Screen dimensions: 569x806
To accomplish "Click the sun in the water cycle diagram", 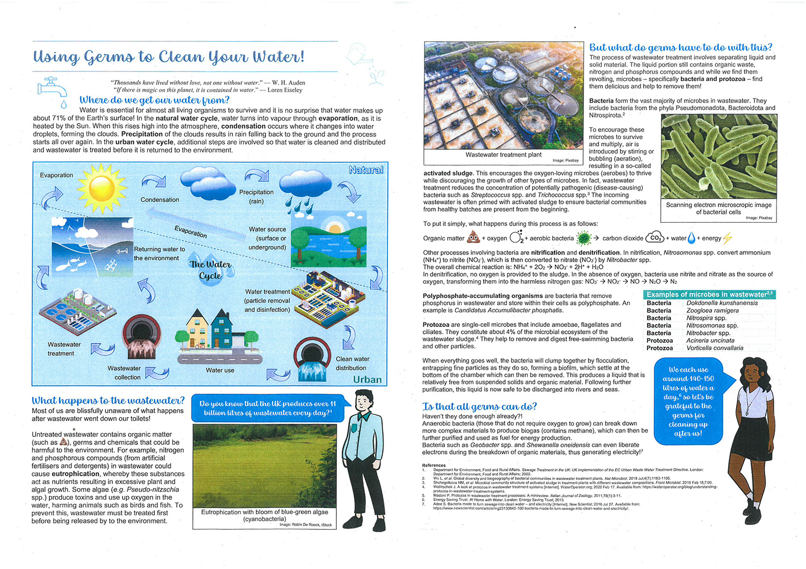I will click(x=102, y=188).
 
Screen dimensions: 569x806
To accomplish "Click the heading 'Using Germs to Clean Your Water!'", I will click(x=169, y=56).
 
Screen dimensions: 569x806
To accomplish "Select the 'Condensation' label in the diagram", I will click(x=160, y=200).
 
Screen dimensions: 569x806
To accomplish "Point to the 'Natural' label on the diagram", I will click(x=365, y=170).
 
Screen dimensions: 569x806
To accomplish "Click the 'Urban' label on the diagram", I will click(x=367, y=380).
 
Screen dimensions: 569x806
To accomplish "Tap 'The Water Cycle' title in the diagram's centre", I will click(x=210, y=270).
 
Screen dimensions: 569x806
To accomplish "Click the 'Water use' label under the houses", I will click(x=220, y=370).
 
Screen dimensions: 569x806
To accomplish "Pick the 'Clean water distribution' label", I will click(x=351, y=363).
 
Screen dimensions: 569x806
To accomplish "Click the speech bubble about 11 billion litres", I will click(x=267, y=408).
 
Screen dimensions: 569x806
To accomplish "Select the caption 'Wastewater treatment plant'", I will click(x=503, y=155).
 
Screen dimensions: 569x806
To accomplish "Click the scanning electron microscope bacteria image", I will click(x=718, y=156).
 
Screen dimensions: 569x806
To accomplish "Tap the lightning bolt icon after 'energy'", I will click(x=728, y=238).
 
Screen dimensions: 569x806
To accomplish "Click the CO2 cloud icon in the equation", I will click(x=655, y=237).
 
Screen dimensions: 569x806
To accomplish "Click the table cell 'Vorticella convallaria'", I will click(x=715, y=348).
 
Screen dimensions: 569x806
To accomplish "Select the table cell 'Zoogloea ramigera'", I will click(x=712, y=310).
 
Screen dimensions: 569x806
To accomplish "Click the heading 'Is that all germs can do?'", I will click(x=479, y=406).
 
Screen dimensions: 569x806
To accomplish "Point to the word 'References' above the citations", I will click(x=434, y=465).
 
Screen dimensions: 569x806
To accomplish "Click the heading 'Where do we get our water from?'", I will click(x=154, y=100).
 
